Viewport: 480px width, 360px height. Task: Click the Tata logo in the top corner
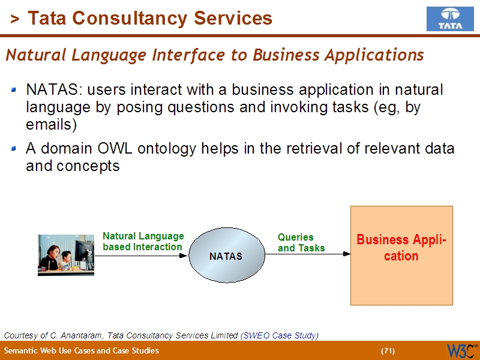[x=449, y=19]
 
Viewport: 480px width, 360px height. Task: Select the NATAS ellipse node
[x=226, y=256]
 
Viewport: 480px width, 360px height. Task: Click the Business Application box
[x=401, y=256]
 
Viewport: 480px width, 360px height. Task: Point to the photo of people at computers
[x=66, y=255]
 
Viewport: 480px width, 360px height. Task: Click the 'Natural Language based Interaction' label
[x=143, y=242]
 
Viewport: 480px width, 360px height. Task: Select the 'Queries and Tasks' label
[x=301, y=243]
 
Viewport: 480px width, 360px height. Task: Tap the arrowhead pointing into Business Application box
[x=346, y=254]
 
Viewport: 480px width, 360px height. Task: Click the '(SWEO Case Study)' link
[x=279, y=335]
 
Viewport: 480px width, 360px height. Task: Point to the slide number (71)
[x=388, y=351]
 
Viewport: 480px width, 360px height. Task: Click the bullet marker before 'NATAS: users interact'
[x=14, y=91]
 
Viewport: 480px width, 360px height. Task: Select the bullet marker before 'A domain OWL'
[x=14, y=149]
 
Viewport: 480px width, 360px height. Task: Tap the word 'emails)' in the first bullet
[x=52, y=125]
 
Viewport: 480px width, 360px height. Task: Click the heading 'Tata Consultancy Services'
[x=150, y=19]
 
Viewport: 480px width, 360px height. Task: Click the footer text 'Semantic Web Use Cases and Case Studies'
[x=82, y=351]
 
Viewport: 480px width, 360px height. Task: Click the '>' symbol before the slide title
[x=14, y=19]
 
